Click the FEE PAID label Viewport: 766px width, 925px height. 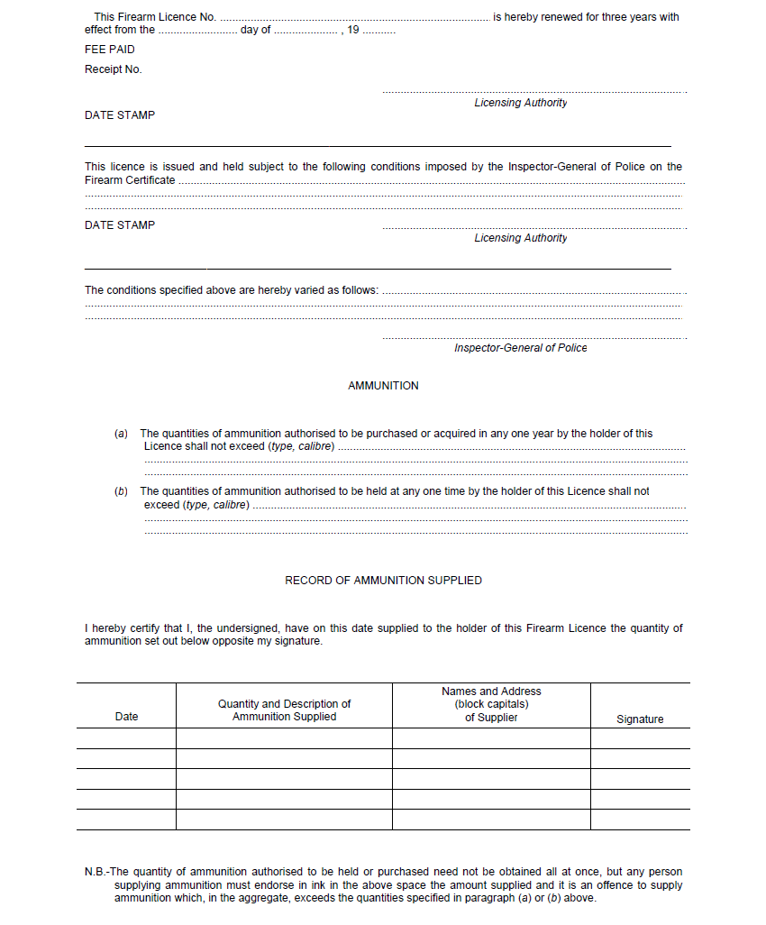tap(109, 50)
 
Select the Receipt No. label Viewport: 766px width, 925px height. tap(113, 69)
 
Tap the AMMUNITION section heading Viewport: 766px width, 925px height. tap(383, 386)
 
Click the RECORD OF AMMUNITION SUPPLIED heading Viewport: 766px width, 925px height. tap(383, 581)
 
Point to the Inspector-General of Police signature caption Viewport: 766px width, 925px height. tap(520, 348)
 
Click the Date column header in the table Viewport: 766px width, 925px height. tap(127, 717)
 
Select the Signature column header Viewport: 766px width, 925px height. tap(640, 719)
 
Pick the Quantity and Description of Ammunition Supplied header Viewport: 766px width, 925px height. tap(284, 710)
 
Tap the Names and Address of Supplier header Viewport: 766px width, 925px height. tap(491, 704)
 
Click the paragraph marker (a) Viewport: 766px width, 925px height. tap(122, 434)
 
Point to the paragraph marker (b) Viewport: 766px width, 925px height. tap(122, 491)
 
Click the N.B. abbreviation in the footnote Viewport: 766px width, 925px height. tap(96, 872)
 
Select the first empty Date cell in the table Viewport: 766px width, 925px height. tap(126, 738)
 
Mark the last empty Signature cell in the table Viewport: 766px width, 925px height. tap(640, 820)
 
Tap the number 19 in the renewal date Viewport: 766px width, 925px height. tap(353, 31)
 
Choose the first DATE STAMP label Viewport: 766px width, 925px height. tap(120, 115)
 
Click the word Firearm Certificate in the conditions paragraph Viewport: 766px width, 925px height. tap(130, 180)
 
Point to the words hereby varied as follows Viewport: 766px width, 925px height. tap(333, 290)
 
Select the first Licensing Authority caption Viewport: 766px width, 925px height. tap(521, 103)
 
